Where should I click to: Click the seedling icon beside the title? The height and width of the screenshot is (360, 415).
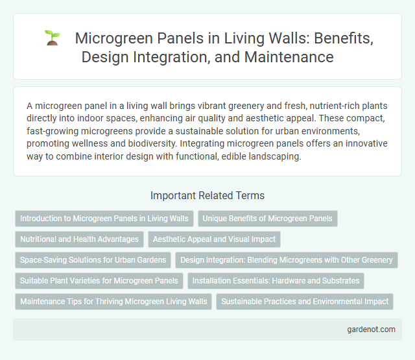52,39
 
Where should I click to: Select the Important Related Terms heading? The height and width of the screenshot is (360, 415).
207,195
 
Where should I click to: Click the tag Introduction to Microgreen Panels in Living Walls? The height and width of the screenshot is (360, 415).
104,219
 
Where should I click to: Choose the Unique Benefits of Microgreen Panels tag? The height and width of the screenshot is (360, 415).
267,219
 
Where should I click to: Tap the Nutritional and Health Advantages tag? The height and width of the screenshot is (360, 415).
79,239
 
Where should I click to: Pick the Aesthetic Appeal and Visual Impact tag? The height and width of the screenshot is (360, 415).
214,239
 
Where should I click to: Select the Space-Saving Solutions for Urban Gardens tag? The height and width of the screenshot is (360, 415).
93,260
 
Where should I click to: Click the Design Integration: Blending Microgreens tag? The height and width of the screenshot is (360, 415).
286,260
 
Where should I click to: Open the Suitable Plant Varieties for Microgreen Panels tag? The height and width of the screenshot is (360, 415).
99,281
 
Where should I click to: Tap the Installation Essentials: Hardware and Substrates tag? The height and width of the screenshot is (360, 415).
276,281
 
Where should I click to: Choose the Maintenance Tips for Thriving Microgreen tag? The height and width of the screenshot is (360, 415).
113,302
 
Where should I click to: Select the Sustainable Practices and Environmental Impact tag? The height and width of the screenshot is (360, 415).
305,302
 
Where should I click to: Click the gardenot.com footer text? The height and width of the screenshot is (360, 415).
371,330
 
